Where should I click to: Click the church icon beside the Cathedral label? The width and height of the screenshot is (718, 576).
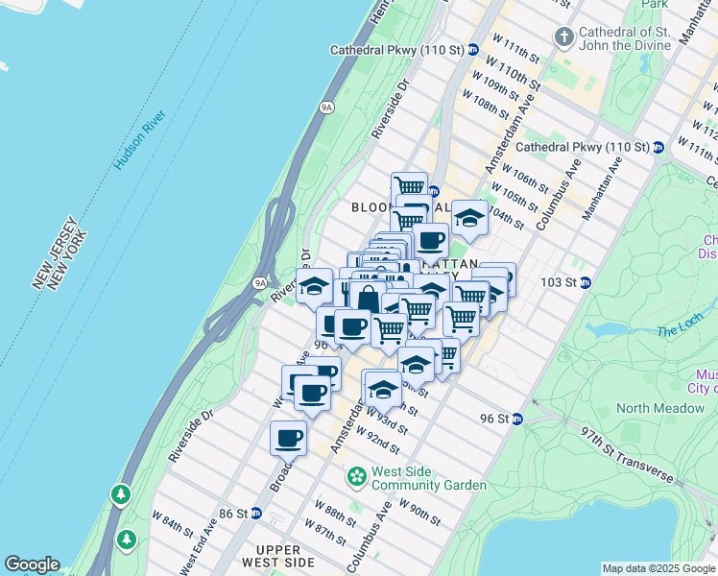[x=563, y=37]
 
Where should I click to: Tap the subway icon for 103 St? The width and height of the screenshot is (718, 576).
[x=586, y=282]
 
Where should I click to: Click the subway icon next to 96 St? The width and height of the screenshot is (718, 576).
[x=516, y=419]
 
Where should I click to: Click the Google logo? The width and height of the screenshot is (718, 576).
[x=32, y=564]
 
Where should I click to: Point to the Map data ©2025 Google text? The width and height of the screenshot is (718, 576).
[x=658, y=568]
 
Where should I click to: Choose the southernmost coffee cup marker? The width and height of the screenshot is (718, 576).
[x=288, y=439]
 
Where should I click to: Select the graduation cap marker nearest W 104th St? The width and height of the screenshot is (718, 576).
[x=469, y=219]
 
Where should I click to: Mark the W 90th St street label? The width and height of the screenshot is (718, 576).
[x=419, y=512]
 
